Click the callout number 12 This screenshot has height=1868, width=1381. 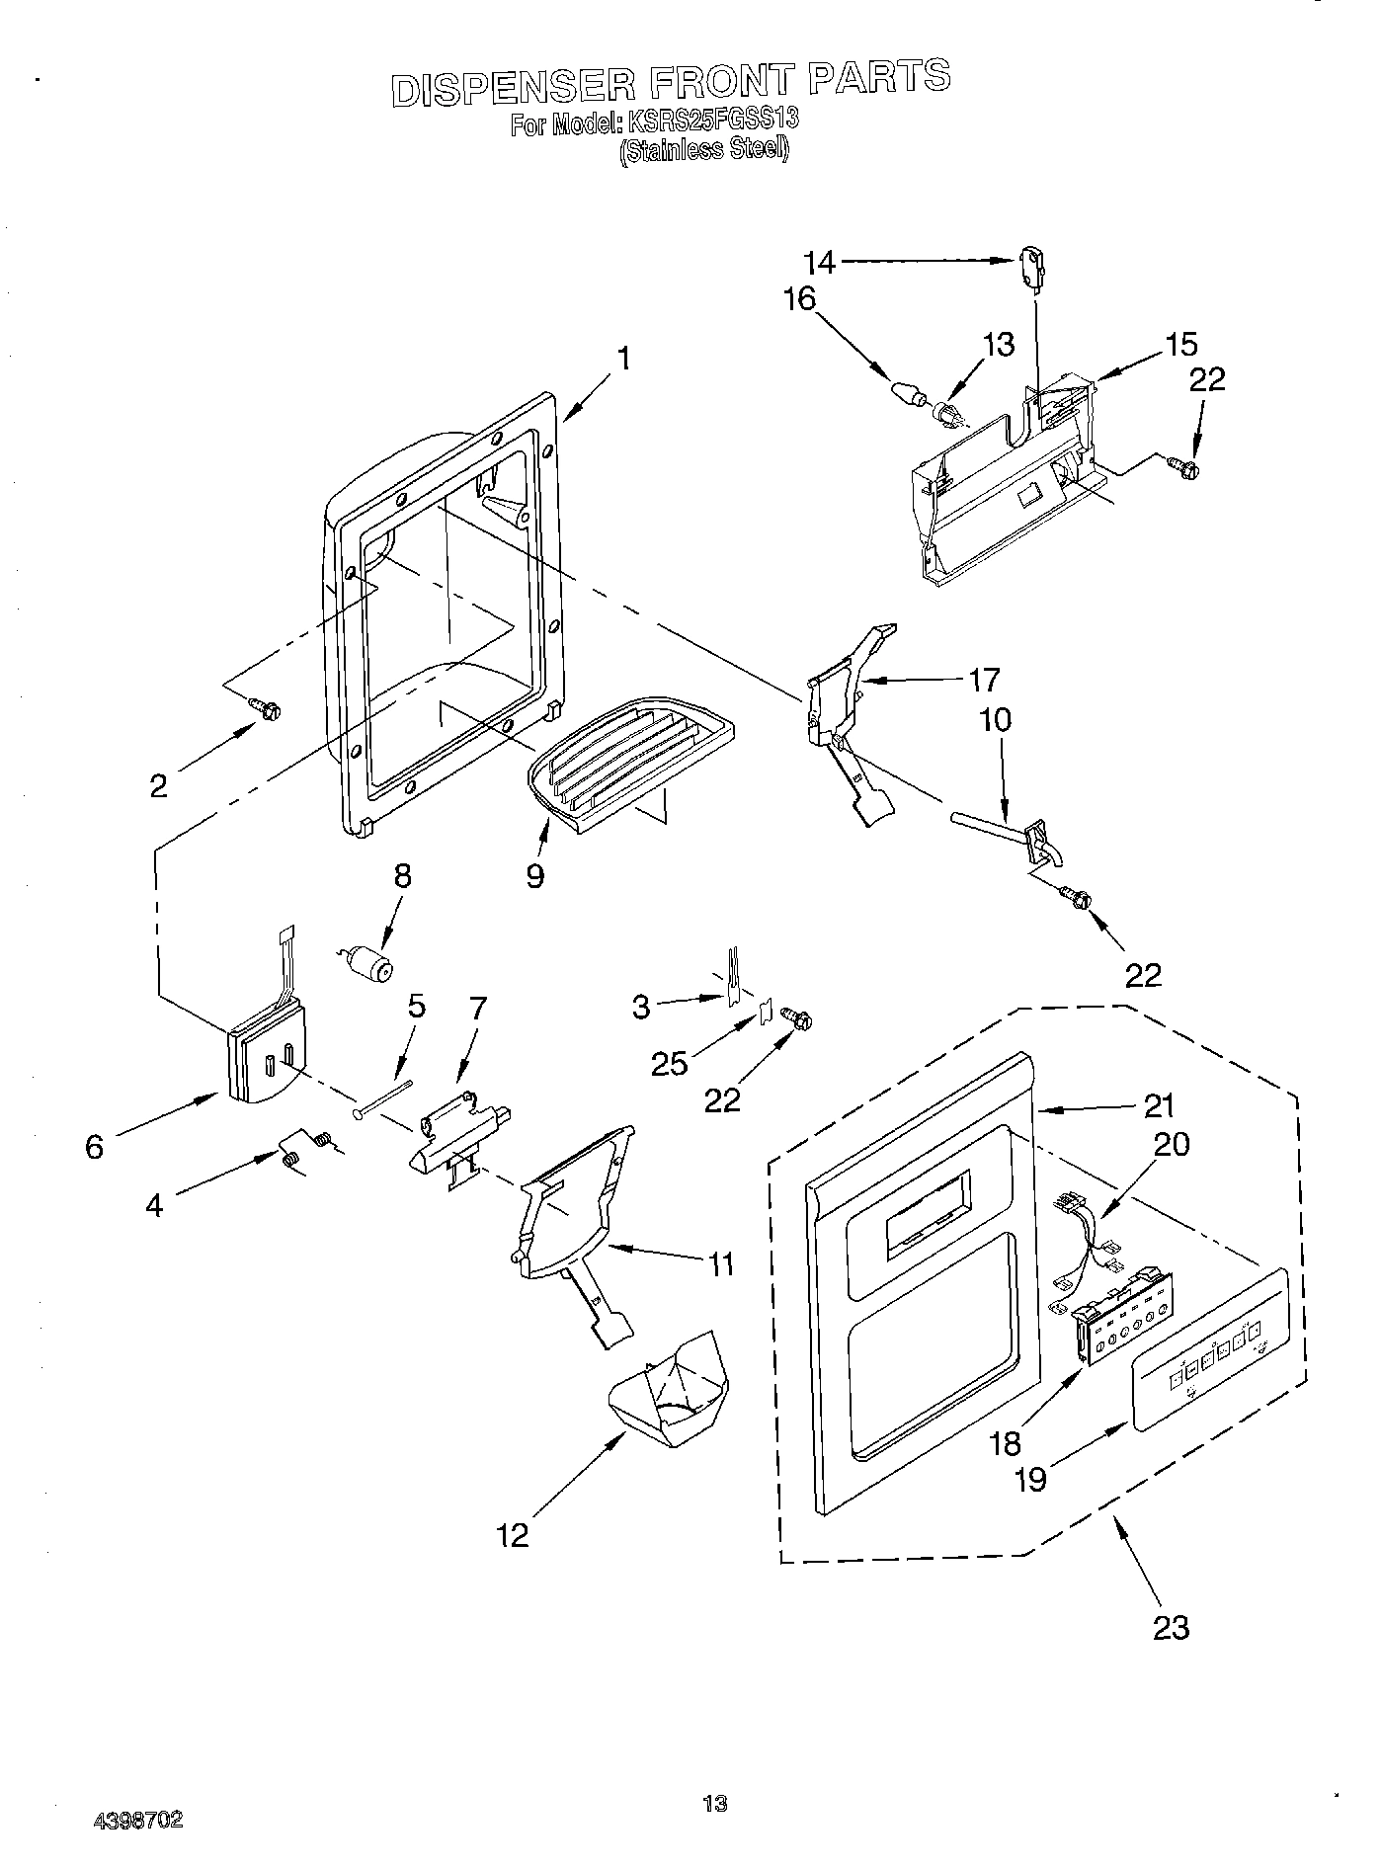[x=514, y=1534]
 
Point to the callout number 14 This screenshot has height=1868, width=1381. [x=819, y=262]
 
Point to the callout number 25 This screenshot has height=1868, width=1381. [x=669, y=1062]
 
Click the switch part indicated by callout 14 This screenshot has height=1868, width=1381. [x=1031, y=270]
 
